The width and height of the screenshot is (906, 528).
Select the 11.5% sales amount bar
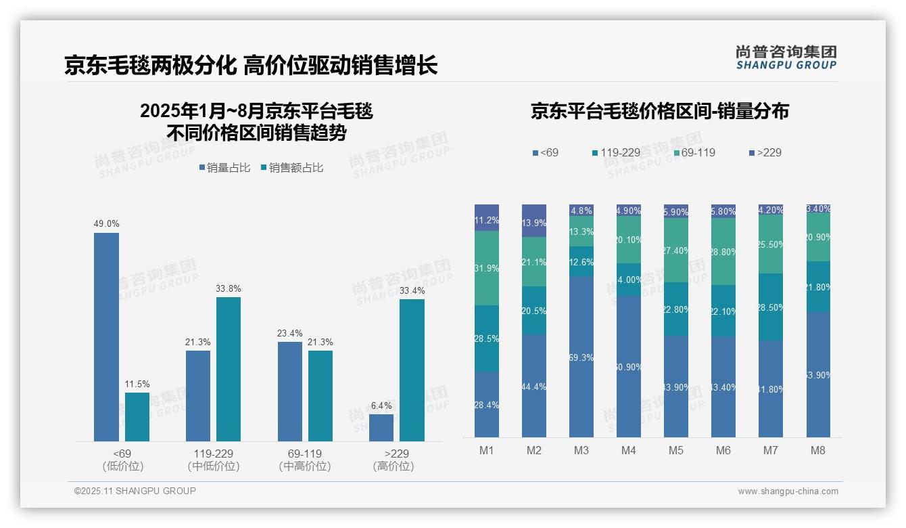[137, 417]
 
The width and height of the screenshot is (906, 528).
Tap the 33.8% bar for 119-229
[229, 369]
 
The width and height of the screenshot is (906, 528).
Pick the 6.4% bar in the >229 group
[381, 428]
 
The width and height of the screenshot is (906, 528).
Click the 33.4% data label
[412, 291]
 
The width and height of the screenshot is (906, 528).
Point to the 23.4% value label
[290, 334]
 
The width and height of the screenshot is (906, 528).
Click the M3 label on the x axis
[581, 450]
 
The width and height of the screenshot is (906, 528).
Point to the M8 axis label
[818, 450]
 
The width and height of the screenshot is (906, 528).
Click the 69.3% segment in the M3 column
[581, 357]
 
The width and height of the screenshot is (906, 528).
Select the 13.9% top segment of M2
[534, 221]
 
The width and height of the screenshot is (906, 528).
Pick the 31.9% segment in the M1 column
[487, 268]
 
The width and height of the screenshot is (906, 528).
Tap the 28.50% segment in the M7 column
[771, 307]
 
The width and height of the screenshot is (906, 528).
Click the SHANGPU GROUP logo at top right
[786, 58]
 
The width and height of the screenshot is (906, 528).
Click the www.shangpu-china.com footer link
[788, 491]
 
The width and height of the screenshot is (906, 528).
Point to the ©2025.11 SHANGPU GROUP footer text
[135, 491]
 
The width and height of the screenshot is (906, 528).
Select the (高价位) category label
[393, 466]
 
